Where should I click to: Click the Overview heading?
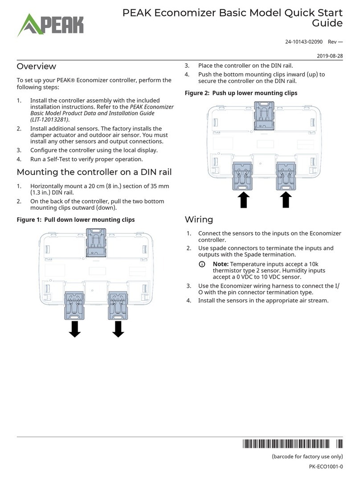(x=37, y=66)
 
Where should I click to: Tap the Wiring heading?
(x=199, y=219)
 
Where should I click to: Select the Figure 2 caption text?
(x=241, y=93)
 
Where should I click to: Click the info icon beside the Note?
(x=202, y=265)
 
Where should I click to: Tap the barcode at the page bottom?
(x=293, y=444)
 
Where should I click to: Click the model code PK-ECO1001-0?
(x=326, y=466)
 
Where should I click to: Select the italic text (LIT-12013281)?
(x=51, y=119)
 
